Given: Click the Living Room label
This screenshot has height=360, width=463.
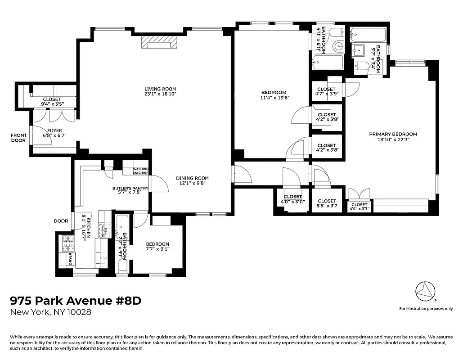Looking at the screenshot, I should (160, 89).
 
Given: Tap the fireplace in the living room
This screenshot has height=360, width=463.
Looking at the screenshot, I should (159, 42).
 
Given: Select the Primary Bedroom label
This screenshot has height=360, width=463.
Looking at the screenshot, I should (393, 134).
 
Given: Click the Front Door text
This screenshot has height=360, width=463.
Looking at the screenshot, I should (19, 138).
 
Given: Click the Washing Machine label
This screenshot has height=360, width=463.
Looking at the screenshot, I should (141, 171).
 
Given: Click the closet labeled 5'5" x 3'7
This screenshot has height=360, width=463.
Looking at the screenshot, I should (327, 204).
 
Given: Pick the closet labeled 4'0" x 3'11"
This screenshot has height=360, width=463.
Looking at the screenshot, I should (292, 199).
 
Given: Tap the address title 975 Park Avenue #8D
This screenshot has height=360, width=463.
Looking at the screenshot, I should (76, 301).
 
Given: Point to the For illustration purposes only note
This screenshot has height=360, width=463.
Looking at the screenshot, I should (426, 309).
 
